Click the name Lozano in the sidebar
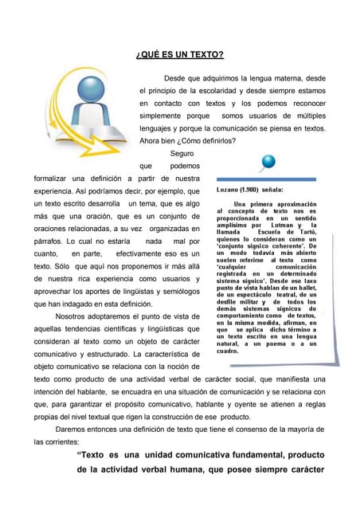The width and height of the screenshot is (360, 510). pyautogui.click(x=229, y=191)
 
